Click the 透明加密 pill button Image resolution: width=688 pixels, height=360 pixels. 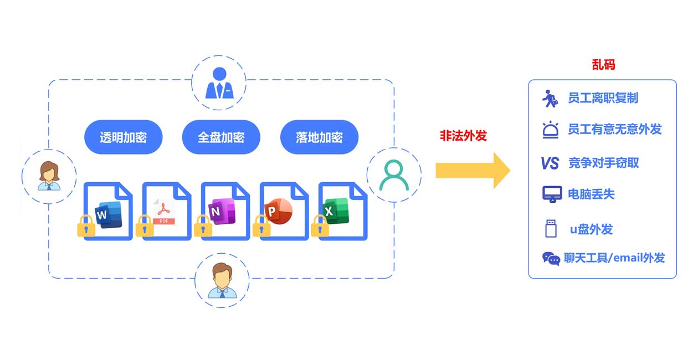(x=123, y=137)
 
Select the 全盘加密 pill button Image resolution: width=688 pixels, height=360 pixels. (x=221, y=137)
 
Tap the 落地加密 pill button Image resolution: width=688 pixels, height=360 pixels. (x=320, y=137)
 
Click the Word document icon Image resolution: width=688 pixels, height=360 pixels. (x=108, y=212)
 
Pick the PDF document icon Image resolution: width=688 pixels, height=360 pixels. (x=167, y=212)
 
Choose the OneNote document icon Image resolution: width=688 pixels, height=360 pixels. (x=225, y=212)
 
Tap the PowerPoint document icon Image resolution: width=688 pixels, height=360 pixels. (x=284, y=212)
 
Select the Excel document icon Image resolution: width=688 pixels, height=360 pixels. (x=343, y=212)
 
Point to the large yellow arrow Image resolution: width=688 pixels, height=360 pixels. (x=473, y=171)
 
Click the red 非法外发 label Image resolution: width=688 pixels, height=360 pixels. (x=464, y=136)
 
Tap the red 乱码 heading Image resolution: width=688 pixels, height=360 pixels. (x=604, y=64)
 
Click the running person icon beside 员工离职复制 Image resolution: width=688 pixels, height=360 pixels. (x=550, y=99)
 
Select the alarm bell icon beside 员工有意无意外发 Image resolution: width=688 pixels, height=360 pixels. (x=551, y=130)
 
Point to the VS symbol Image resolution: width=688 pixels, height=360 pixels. (x=550, y=163)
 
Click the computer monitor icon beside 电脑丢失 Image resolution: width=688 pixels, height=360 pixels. (x=552, y=194)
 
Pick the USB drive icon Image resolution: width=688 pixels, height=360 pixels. (x=551, y=228)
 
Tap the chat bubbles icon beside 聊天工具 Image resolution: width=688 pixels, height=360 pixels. (x=551, y=259)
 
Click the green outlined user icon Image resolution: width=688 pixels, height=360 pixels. (x=394, y=175)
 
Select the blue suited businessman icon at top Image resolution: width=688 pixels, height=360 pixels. (x=219, y=83)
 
